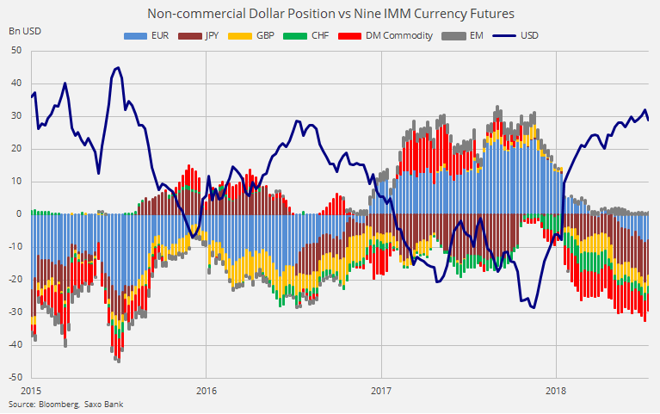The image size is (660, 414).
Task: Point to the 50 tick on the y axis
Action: (17, 50)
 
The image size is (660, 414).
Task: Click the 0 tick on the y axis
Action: (20, 213)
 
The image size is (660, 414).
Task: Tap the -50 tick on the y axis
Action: (15, 377)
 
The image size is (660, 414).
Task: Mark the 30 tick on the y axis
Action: (17, 115)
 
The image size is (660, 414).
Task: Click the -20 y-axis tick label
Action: (15, 279)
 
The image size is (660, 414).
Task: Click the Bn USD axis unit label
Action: (25, 31)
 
